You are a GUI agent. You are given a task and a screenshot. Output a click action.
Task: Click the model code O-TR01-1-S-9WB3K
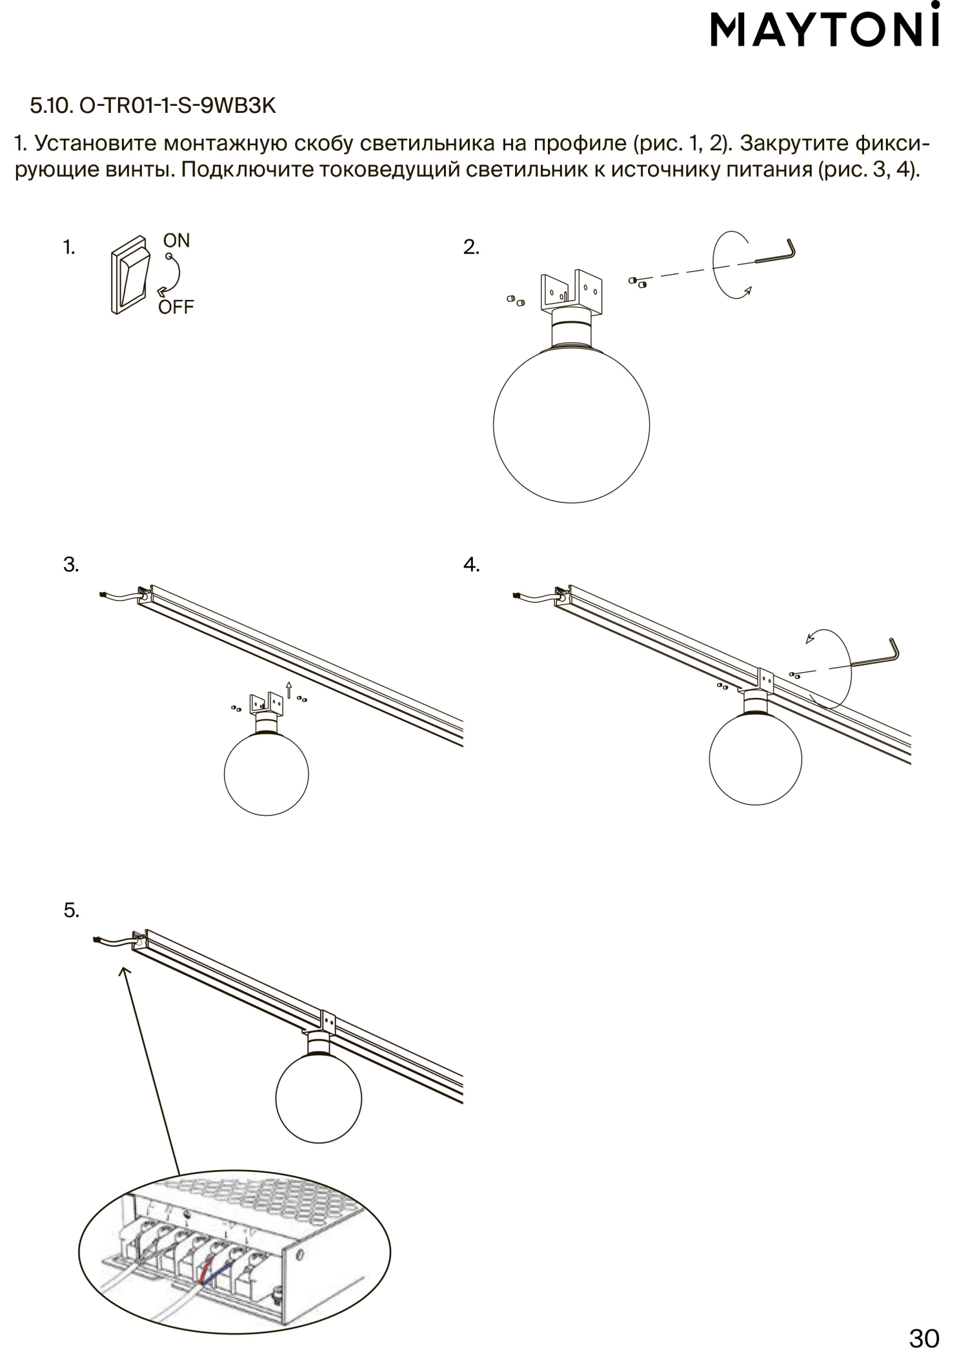pos(177,106)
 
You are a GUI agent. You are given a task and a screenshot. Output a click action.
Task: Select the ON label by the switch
pos(176,241)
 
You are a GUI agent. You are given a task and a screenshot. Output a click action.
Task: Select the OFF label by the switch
pos(176,307)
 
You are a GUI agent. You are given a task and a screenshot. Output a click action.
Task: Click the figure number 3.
pos(71,565)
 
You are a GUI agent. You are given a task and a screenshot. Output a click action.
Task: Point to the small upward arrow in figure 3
pos(288,690)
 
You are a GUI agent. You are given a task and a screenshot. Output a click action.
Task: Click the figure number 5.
pos(71,911)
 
